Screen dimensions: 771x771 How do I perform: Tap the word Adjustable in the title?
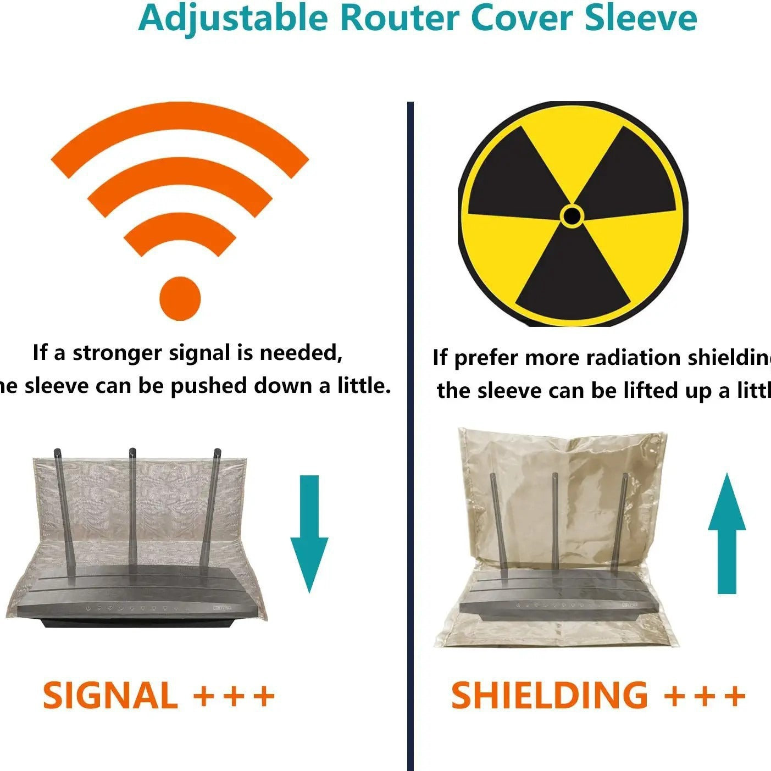coord(233,19)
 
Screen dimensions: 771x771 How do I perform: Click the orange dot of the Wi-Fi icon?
coord(180,298)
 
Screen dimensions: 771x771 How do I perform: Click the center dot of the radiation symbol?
coord(572,215)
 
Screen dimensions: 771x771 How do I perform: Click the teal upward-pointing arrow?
coord(726,533)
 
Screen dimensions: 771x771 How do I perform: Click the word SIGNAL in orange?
coord(110,696)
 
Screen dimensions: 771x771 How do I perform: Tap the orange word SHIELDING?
coord(549,696)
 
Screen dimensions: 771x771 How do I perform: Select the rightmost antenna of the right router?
coord(621,522)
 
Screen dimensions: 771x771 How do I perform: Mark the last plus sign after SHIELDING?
coord(734,696)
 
